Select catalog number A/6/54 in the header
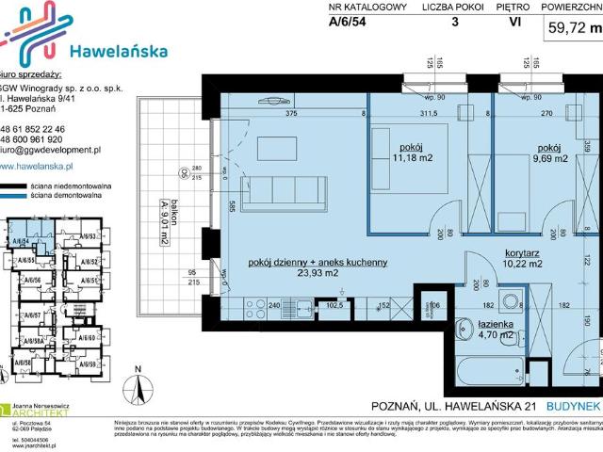click(x=350, y=25)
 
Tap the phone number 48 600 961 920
click(x=46, y=139)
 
